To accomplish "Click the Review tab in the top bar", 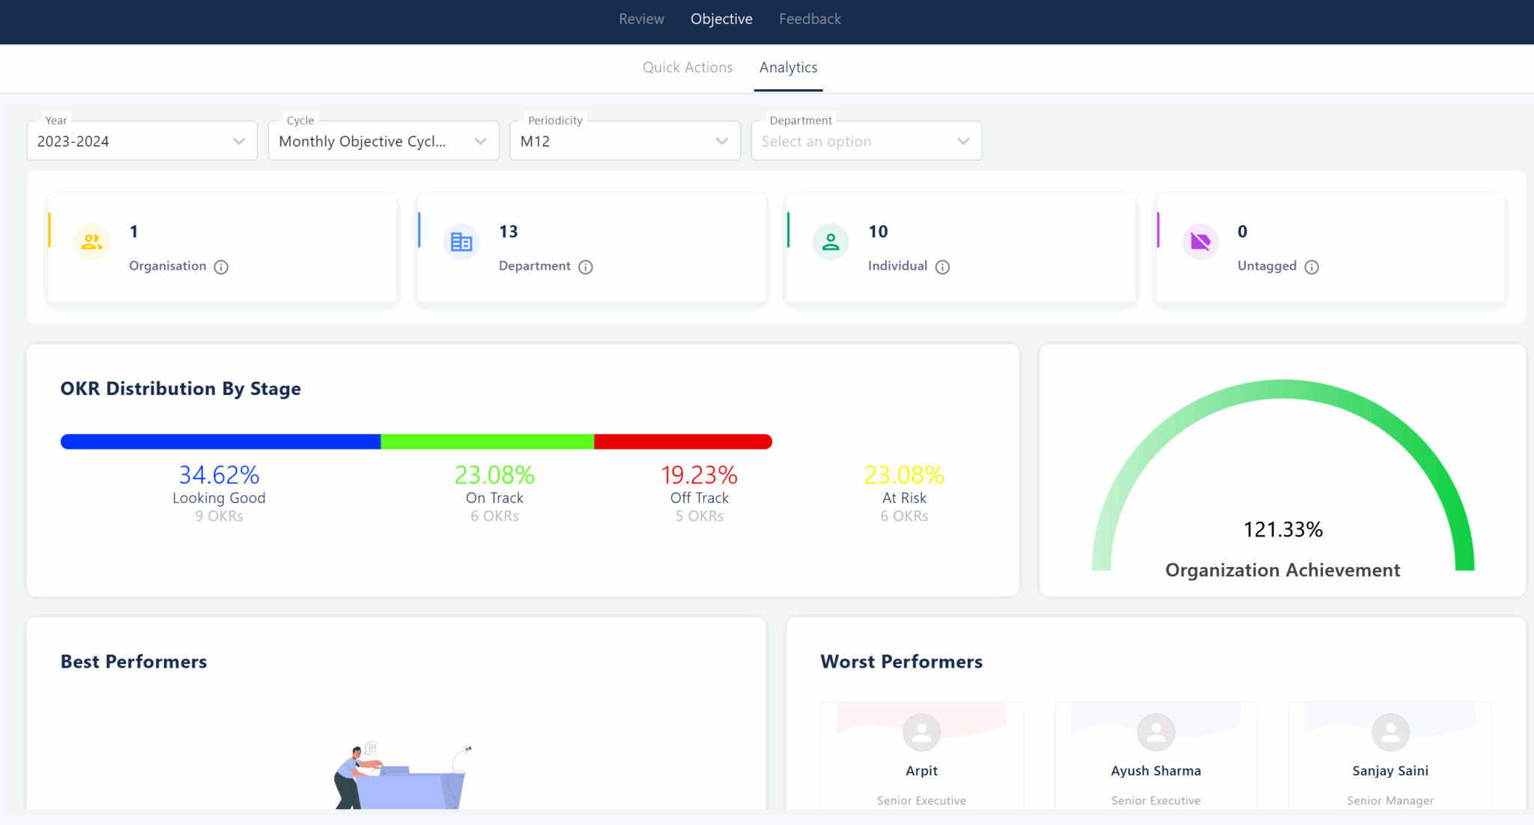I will tap(641, 19).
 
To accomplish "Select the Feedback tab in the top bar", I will tap(810, 19).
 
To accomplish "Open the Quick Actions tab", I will tap(687, 67).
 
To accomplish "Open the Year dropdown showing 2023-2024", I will tap(142, 141).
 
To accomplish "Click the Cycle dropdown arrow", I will tap(480, 141).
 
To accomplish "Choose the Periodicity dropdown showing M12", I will tap(624, 141).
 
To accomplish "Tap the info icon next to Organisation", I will tap(221, 267).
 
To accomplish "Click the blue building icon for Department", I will tap(461, 242).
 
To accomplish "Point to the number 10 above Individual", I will tap(878, 232).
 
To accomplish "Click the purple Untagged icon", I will tap(1200, 242).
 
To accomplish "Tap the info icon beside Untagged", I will tap(1312, 267).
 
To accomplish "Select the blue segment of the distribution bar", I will tap(220, 442).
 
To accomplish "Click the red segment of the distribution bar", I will tap(682, 442).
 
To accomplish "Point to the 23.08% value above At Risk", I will tap(903, 475).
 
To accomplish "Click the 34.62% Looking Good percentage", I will tap(219, 475).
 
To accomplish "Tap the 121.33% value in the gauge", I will tap(1282, 530).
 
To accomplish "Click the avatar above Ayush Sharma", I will tap(1156, 732).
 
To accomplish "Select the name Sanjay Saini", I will tap(1389, 771).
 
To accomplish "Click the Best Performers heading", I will tap(133, 662).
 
